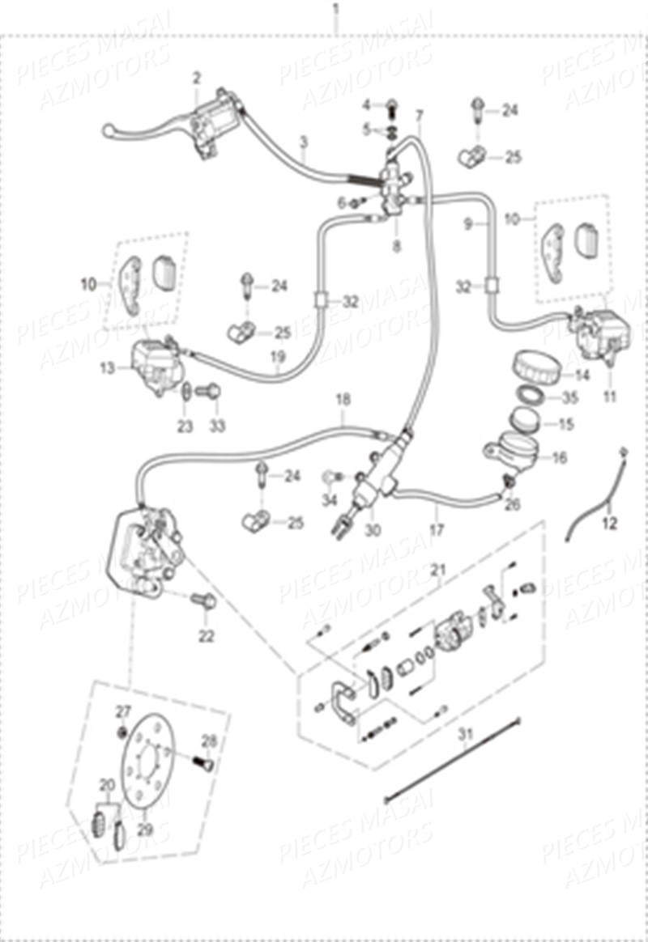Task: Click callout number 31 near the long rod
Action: (464, 735)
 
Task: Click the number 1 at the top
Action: (336, 11)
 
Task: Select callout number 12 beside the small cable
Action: (610, 524)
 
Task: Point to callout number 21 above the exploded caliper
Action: (438, 571)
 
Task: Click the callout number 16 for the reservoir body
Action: (559, 457)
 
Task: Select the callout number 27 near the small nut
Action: (122, 711)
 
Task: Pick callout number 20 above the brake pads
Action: (107, 784)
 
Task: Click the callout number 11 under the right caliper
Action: (609, 397)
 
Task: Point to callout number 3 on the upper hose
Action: (303, 143)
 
